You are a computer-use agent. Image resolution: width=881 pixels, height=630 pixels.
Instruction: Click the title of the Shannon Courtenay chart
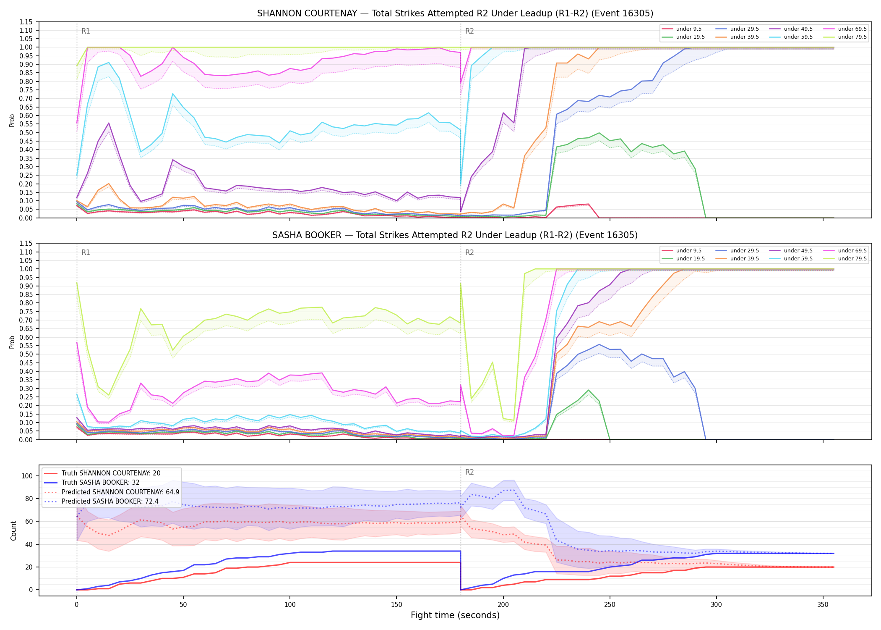pos(455,13)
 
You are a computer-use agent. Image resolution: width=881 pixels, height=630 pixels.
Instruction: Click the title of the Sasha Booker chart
pos(455,235)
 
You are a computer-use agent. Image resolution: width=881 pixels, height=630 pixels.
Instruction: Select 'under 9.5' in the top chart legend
pos(688,29)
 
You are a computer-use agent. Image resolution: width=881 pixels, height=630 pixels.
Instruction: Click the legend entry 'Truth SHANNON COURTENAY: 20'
pos(111,473)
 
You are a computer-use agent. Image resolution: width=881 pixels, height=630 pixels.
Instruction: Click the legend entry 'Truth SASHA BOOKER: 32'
pos(100,483)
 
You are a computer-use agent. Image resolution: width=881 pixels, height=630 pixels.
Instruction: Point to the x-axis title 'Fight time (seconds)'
pos(455,615)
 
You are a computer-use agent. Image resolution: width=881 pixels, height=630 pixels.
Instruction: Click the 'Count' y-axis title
pos(13,530)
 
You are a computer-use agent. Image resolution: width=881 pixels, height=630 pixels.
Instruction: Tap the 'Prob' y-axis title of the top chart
pos(12,120)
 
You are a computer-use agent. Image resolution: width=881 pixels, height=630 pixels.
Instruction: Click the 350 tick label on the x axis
pos(823,605)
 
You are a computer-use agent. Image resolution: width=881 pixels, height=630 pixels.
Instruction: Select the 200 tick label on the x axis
pos(503,605)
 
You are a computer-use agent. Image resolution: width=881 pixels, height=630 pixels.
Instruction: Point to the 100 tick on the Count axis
pos(30,476)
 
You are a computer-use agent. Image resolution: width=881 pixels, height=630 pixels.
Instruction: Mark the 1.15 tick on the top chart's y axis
pos(26,22)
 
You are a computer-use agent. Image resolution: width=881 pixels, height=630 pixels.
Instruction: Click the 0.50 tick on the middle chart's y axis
pos(26,354)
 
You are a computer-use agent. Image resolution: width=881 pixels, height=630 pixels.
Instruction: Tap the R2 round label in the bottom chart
pos(469,472)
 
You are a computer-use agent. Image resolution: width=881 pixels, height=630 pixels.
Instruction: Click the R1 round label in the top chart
pos(86,31)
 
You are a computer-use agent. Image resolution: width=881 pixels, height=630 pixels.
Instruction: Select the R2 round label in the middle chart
pos(469,252)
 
